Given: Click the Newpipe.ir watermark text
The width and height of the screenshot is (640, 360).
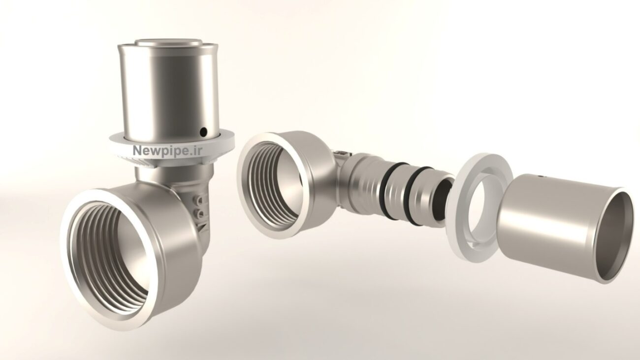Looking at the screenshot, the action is [x=168, y=151].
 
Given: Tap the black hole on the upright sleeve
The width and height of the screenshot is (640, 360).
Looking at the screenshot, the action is [x=203, y=131].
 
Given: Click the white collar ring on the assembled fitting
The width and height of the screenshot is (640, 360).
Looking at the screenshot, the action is [x=172, y=150].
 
